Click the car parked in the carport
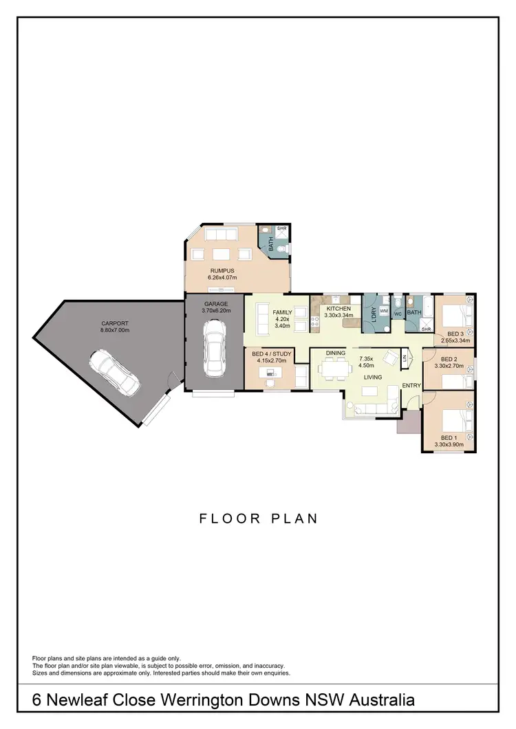click(114, 373)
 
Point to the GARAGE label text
click(215, 303)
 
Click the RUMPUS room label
click(223, 271)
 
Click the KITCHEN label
click(338, 309)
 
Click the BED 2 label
click(449, 359)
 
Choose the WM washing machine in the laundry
click(384, 312)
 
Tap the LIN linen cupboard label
click(405, 358)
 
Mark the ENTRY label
click(411, 385)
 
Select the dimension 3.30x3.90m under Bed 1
click(449, 445)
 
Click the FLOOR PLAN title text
click(259, 519)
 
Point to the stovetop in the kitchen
click(316, 316)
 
